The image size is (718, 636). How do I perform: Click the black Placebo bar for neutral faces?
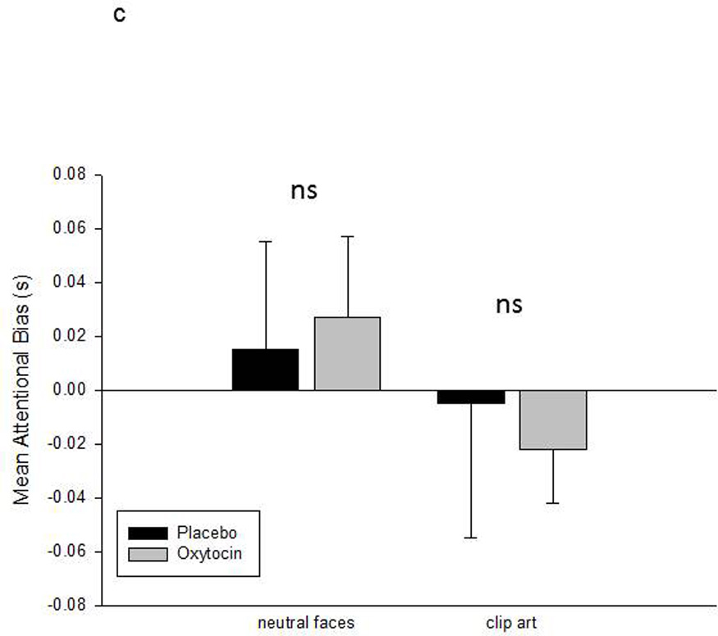265,369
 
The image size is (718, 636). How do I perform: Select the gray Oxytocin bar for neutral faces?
347,354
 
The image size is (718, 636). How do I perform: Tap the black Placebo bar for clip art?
471,396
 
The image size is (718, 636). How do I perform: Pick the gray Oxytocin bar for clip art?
553,419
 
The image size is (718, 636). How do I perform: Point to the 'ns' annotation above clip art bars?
508,305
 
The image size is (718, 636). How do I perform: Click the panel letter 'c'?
119,16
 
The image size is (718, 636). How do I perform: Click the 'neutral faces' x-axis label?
306,622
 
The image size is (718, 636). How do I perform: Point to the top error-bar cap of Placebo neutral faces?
265,241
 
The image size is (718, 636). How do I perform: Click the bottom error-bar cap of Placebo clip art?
471,538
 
